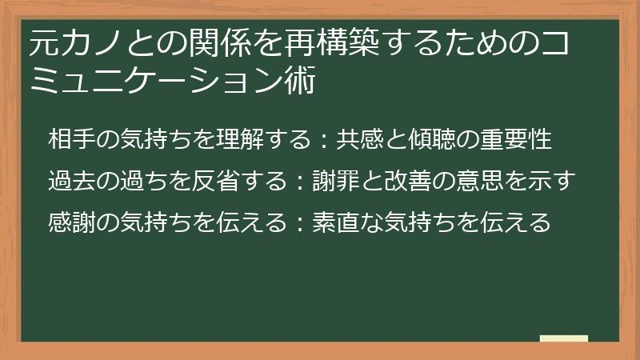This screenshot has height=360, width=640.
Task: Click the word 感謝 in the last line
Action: click(71, 222)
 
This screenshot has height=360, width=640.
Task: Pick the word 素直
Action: click(335, 222)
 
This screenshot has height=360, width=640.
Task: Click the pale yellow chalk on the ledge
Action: click(563, 338)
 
